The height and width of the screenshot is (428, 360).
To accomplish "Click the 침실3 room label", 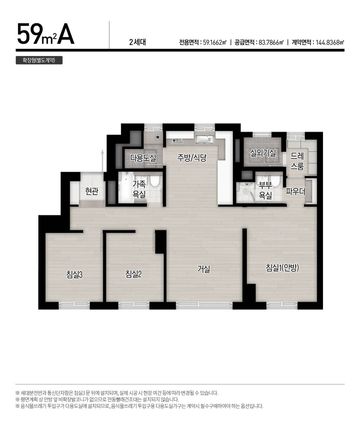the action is pos(74,274).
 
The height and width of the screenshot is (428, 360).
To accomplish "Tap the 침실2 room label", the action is pos(134,274).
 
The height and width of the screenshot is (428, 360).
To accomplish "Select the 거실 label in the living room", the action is pos(204,269).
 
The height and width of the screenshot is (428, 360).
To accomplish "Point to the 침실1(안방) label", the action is pos(282,268).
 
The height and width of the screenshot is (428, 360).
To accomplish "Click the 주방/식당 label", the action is pos(192,158).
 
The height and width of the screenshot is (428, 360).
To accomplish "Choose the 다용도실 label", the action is pos(143,158).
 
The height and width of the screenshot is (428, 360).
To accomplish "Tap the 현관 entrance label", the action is pos(92,191).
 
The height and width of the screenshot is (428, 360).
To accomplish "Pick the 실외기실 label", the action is pos(263,153).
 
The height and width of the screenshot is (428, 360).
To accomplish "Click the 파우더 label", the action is pos(296,192).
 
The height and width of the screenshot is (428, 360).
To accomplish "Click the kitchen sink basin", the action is pos(204,140).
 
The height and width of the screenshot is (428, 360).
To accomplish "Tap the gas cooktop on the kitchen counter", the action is pos(177,140).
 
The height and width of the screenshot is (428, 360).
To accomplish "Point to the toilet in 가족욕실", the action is pos(154,180).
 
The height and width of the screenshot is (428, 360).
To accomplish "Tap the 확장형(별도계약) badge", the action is pos(39,60).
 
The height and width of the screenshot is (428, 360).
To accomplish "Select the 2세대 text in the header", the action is pos(137,42).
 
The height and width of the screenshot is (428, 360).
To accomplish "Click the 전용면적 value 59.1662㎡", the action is pos(215,43).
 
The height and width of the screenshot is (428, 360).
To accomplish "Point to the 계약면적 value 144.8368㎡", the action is pos(330,43).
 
